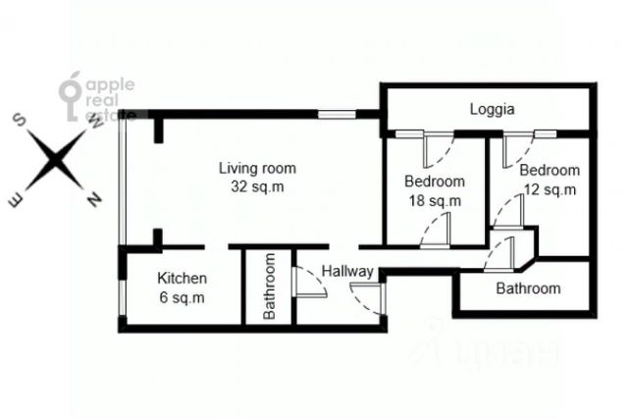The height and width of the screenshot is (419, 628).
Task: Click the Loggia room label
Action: (492, 109)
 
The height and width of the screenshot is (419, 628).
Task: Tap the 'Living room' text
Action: (257, 168)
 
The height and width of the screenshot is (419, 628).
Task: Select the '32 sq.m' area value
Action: (257, 186)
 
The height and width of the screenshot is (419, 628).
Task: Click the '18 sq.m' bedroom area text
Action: (435, 201)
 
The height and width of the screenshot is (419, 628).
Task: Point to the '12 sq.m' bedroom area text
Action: (549, 189)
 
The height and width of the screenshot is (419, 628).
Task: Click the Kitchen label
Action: (182, 278)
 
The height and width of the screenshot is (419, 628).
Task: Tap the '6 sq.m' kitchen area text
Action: (182, 297)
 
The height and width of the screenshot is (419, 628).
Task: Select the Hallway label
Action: (347, 272)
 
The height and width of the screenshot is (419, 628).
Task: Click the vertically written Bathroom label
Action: (269, 286)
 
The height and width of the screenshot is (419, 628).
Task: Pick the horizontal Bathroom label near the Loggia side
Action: (528, 288)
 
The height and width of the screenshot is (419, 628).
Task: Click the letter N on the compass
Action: (95, 199)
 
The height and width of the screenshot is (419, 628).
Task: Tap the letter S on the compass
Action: (20, 120)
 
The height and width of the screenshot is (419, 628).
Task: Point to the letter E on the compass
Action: (16, 200)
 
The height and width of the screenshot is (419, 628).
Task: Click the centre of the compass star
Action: (55, 160)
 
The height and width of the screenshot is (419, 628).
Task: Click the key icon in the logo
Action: (71, 96)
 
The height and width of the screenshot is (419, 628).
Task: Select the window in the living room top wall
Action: (337, 115)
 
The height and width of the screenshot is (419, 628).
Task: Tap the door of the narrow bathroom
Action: (309, 282)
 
